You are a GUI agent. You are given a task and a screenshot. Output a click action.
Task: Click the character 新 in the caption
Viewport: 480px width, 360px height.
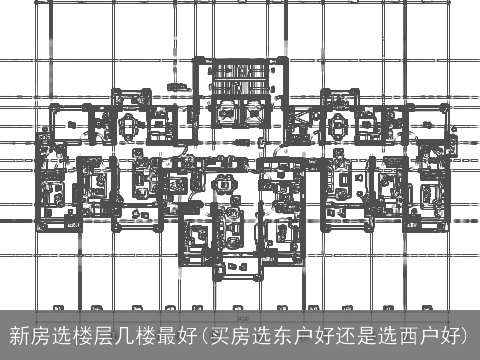coord(18,334)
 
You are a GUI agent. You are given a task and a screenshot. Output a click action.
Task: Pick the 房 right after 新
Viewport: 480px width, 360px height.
coord(40,334)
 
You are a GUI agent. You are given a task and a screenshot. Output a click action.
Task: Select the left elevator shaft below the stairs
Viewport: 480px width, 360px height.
coord(223,115)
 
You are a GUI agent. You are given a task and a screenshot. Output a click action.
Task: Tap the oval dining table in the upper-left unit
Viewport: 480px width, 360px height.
coord(131,125)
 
